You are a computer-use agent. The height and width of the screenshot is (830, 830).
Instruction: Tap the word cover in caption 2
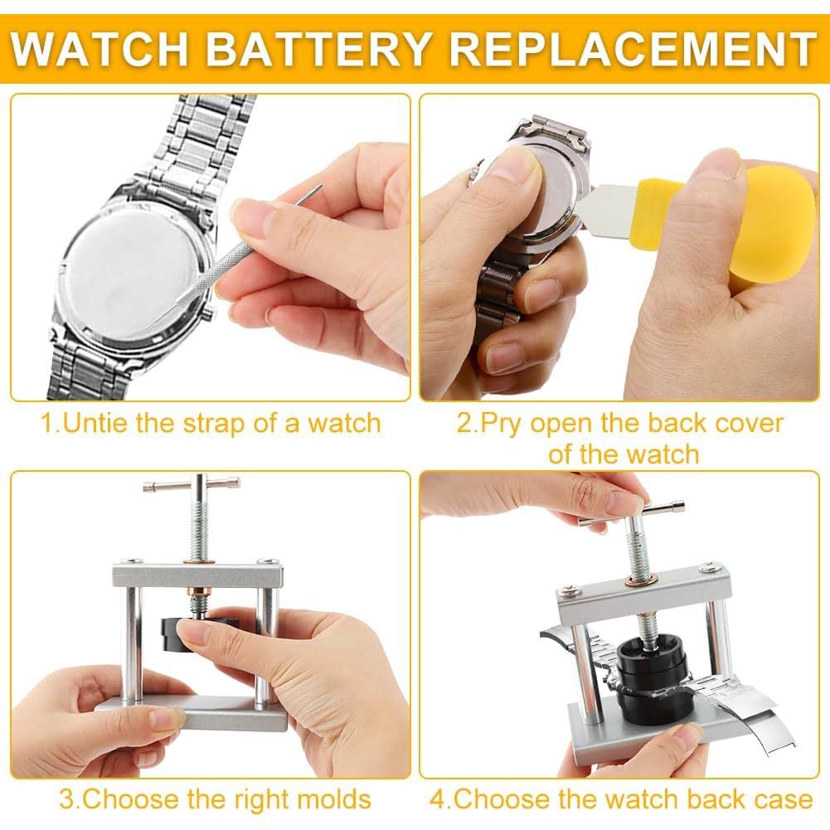point(750,423)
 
